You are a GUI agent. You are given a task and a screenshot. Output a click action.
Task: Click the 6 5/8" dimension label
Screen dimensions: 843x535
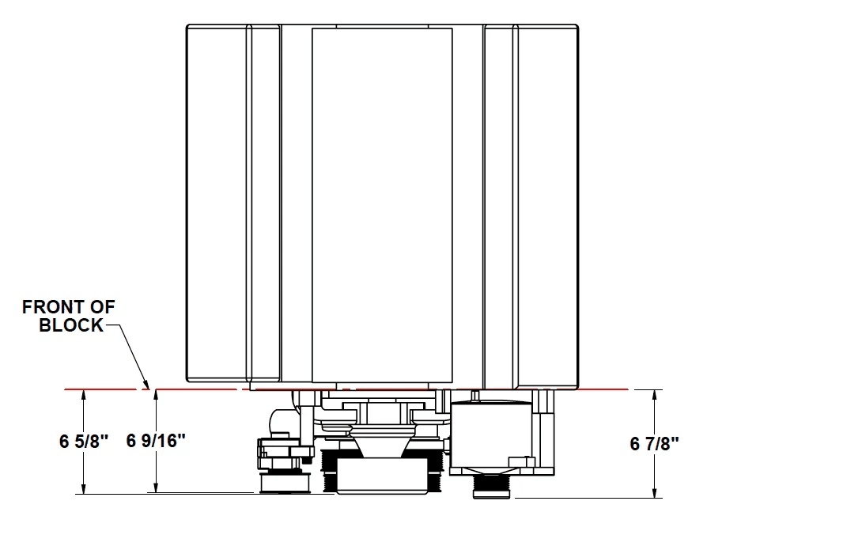pos(84,442)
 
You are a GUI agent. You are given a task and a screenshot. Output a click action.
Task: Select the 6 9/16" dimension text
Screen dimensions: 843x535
pos(156,440)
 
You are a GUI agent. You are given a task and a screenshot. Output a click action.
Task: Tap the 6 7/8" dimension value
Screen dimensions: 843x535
pos(654,443)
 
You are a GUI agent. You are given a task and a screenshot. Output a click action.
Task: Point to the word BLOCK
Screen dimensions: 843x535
pos(71,325)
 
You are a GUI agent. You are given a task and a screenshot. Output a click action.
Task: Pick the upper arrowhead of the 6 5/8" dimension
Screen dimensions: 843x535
pos(83,396)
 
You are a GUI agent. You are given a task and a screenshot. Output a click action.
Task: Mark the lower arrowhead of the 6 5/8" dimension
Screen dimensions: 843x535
pos(83,487)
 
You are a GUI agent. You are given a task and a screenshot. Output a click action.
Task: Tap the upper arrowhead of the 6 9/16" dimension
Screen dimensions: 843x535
pos(156,396)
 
